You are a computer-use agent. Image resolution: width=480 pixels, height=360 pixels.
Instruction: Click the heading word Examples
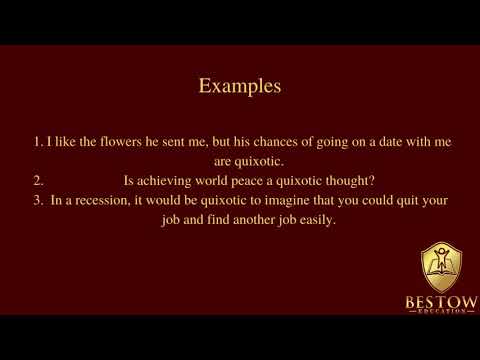(x=240, y=86)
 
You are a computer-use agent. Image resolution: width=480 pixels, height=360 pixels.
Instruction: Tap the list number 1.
(x=37, y=143)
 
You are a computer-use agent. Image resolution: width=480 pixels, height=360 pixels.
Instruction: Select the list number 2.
(x=37, y=181)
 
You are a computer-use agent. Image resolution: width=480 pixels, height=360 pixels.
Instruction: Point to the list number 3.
(x=37, y=200)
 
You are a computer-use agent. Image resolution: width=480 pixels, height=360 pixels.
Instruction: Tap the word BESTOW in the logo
(x=441, y=300)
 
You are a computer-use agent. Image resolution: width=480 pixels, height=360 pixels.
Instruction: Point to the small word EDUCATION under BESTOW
(x=441, y=312)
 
